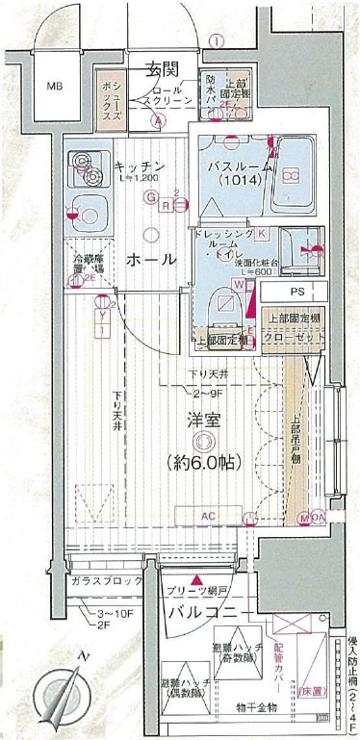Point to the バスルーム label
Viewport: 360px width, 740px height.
[241, 166]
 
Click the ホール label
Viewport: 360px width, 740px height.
[151, 259]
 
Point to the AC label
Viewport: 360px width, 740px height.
[207, 518]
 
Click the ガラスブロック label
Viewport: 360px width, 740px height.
[105, 584]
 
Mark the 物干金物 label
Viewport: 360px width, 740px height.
[257, 708]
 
